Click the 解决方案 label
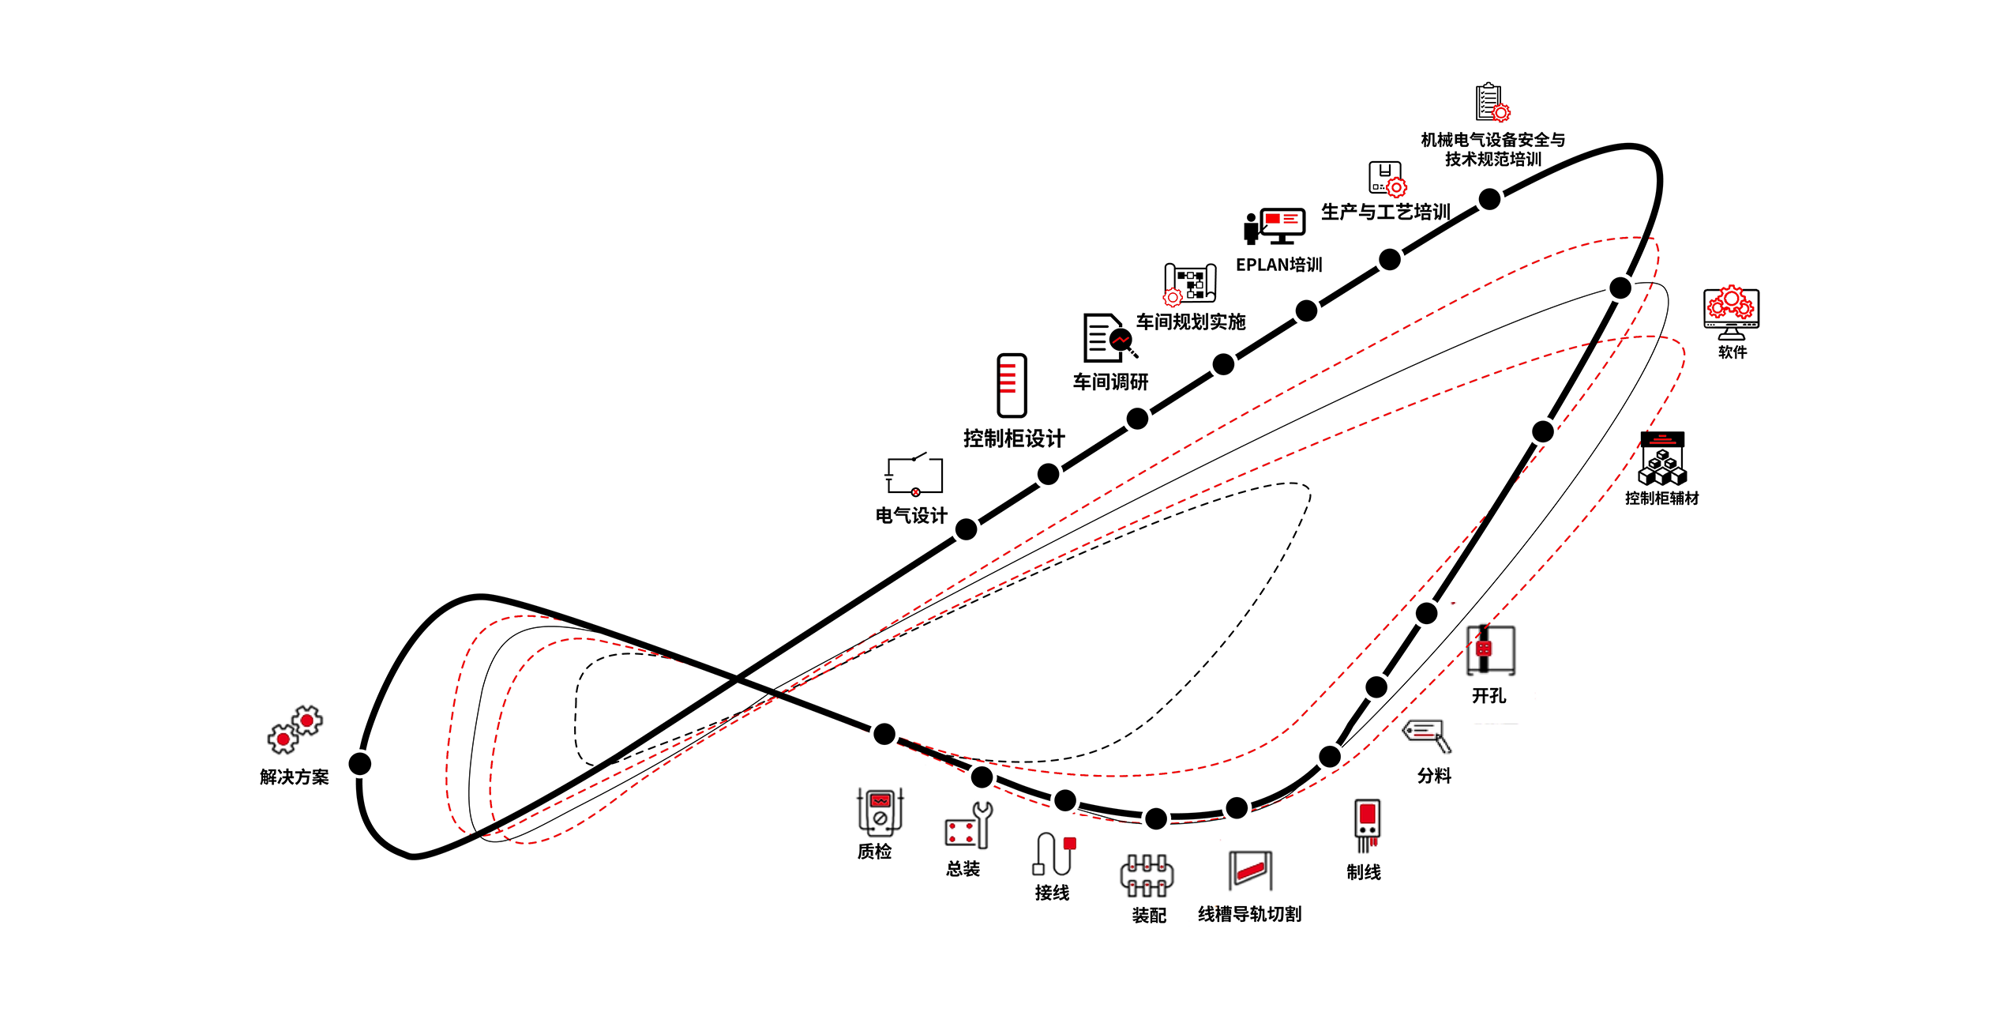tap(294, 777)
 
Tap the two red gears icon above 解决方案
tap(295, 728)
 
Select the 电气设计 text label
tap(911, 515)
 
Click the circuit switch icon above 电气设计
tap(914, 474)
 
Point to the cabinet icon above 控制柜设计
tap(1012, 386)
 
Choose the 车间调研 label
tap(1110, 382)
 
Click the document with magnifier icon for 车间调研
tap(1108, 337)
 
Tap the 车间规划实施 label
tap(1191, 322)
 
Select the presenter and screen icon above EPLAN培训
tap(1274, 226)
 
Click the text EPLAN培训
tap(1278, 265)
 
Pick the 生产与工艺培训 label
tap(1385, 212)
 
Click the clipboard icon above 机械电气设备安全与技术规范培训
tap(1492, 103)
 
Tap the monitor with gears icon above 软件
tap(1731, 313)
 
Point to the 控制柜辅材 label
tap(1661, 498)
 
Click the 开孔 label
tap(1489, 695)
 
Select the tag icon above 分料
tap(1427, 734)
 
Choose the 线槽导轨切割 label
tap(1249, 914)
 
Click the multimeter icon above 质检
tap(880, 812)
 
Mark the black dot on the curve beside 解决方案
tap(360, 764)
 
